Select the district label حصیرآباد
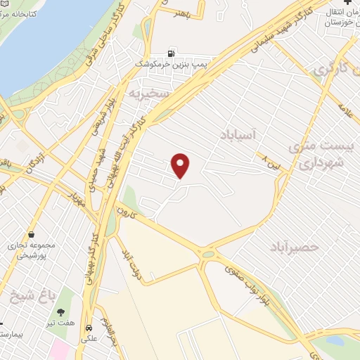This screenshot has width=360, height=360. (x=294, y=247)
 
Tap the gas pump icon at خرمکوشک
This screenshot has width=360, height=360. (x=171, y=53)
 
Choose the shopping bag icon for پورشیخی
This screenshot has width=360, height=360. (x=31, y=236)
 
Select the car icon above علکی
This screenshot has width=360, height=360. (x=89, y=328)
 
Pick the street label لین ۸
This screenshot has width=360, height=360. (x=267, y=159)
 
